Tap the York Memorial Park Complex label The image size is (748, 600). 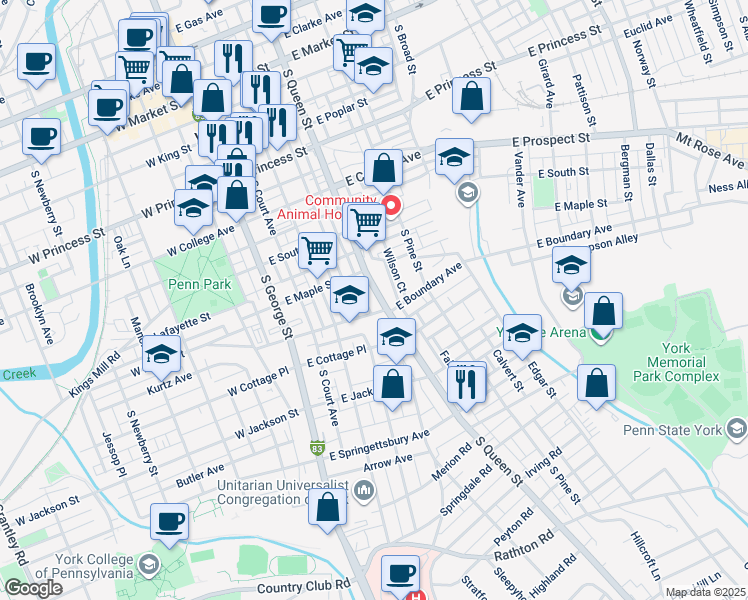click(683, 360)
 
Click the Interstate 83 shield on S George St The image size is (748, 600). click(317, 449)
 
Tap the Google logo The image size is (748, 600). click(33, 588)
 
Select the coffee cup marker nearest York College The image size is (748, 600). click(169, 523)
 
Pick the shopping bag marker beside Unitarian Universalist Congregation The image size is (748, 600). click(328, 507)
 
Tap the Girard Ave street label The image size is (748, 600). click(547, 82)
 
